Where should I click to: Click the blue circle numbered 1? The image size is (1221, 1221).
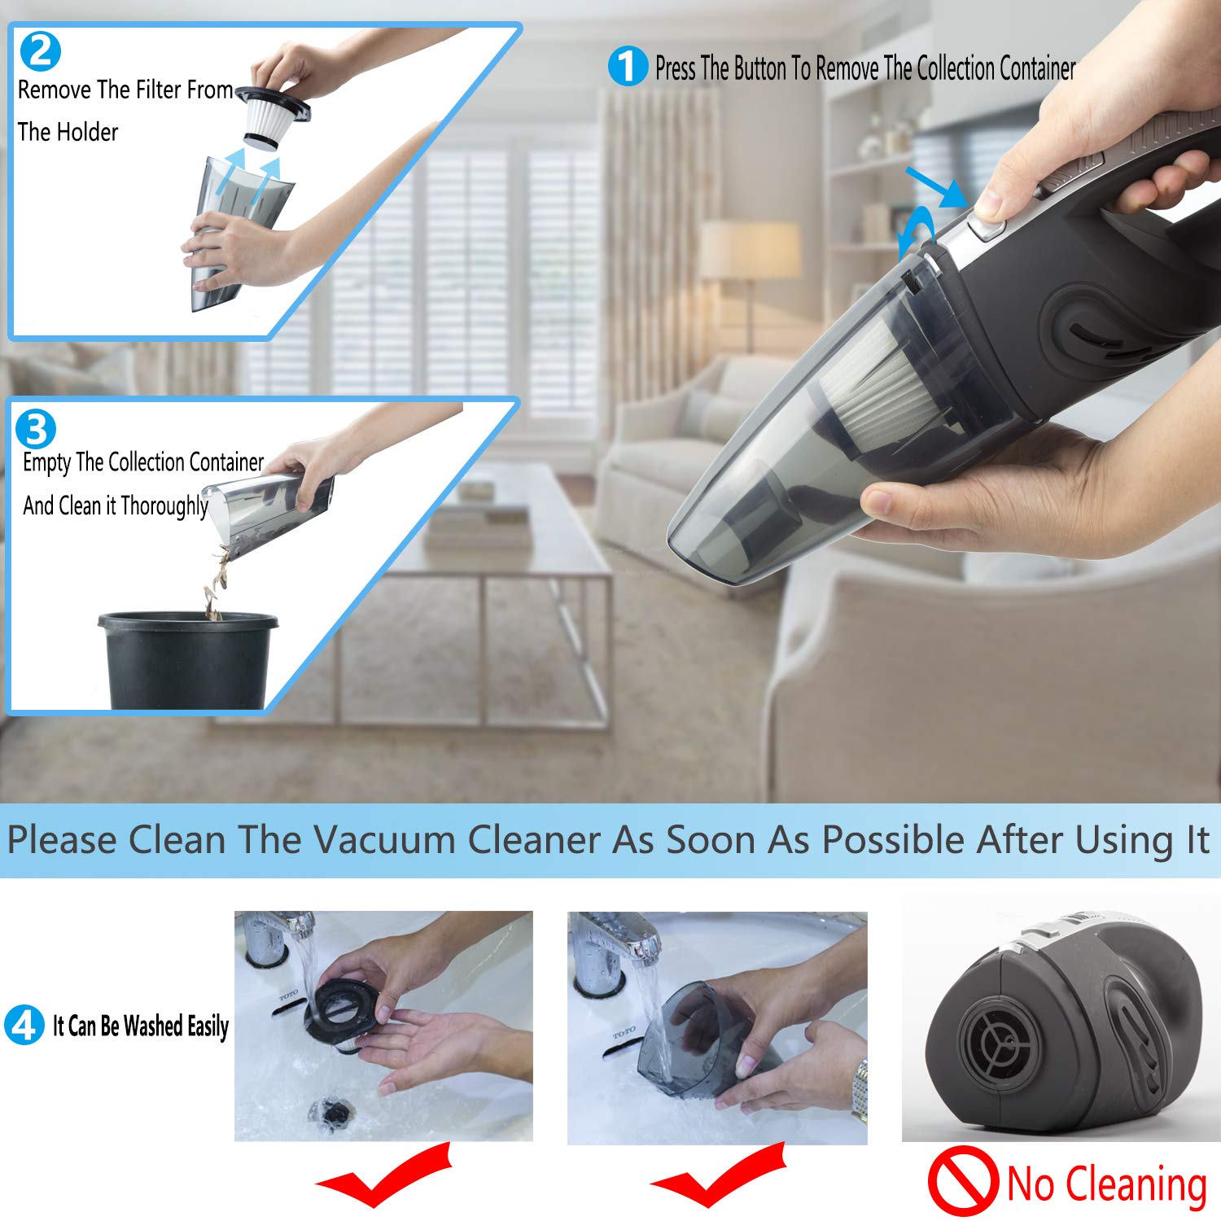[628, 66]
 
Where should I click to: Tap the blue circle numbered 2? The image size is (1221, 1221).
[40, 50]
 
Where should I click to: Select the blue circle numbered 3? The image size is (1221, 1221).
[36, 429]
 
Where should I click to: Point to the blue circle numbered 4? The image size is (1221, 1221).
[24, 1025]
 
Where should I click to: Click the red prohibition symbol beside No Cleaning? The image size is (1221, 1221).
[963, 1181]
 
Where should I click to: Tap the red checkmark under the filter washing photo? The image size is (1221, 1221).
[383, 1176]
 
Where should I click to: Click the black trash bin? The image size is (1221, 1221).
[187, 659]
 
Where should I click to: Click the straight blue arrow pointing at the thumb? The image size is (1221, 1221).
[936, 186]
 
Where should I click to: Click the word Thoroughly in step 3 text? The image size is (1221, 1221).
[164, 506]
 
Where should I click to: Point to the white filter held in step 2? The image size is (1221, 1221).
[273, 122]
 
